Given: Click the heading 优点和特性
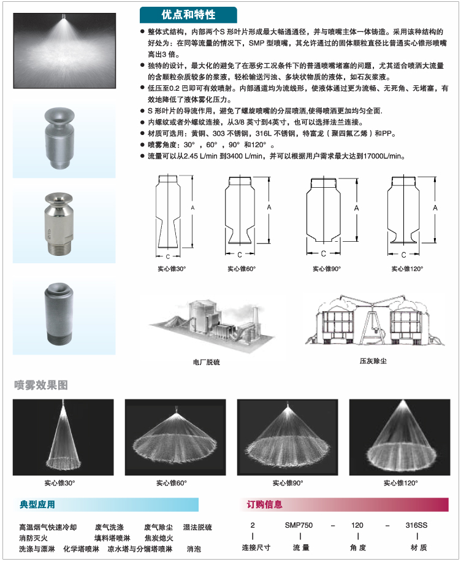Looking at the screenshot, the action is pyautogui.click(x=188, y=15).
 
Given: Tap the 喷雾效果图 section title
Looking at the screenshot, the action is pyautogui.click(x=41, y=385).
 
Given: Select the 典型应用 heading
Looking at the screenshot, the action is pyautogui.click(x=37, y=504).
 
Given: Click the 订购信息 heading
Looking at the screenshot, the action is pyautogui.click(x=264, y=504).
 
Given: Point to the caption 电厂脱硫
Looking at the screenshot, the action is pyautogui.click(x=207, y=362).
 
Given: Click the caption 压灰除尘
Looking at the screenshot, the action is pyautogui.click(x=373, y=361).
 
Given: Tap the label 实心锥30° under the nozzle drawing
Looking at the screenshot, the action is pyautogui.click(x=172, y=269).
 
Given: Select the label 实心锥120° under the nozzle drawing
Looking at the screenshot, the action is pyautogui.click(x=407, y=269).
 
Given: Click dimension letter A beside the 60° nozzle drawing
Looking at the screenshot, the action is pyautogui.click(x=269, y=207).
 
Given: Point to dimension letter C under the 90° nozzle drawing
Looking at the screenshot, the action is pyautogui.click(x=323, y=253).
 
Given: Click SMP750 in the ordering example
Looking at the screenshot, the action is pyautogui.click(x=299, y=525).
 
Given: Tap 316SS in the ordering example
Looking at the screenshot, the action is pyautogui.click(x=416, y=525).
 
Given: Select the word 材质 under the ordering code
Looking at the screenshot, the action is pyautogui.click(x=419, y=547).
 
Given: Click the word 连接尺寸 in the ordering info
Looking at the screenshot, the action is pyautogui.click(x=256, y=547).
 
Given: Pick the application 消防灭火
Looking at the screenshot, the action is pyautogui.click(x=33, y=538).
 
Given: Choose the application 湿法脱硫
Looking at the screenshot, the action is pyautogui.click(x=197, y=527).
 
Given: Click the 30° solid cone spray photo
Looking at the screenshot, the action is pyautogui.click(x=63, y=437).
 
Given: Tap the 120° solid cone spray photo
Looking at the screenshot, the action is pyautogui.click(x=400, y=437).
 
